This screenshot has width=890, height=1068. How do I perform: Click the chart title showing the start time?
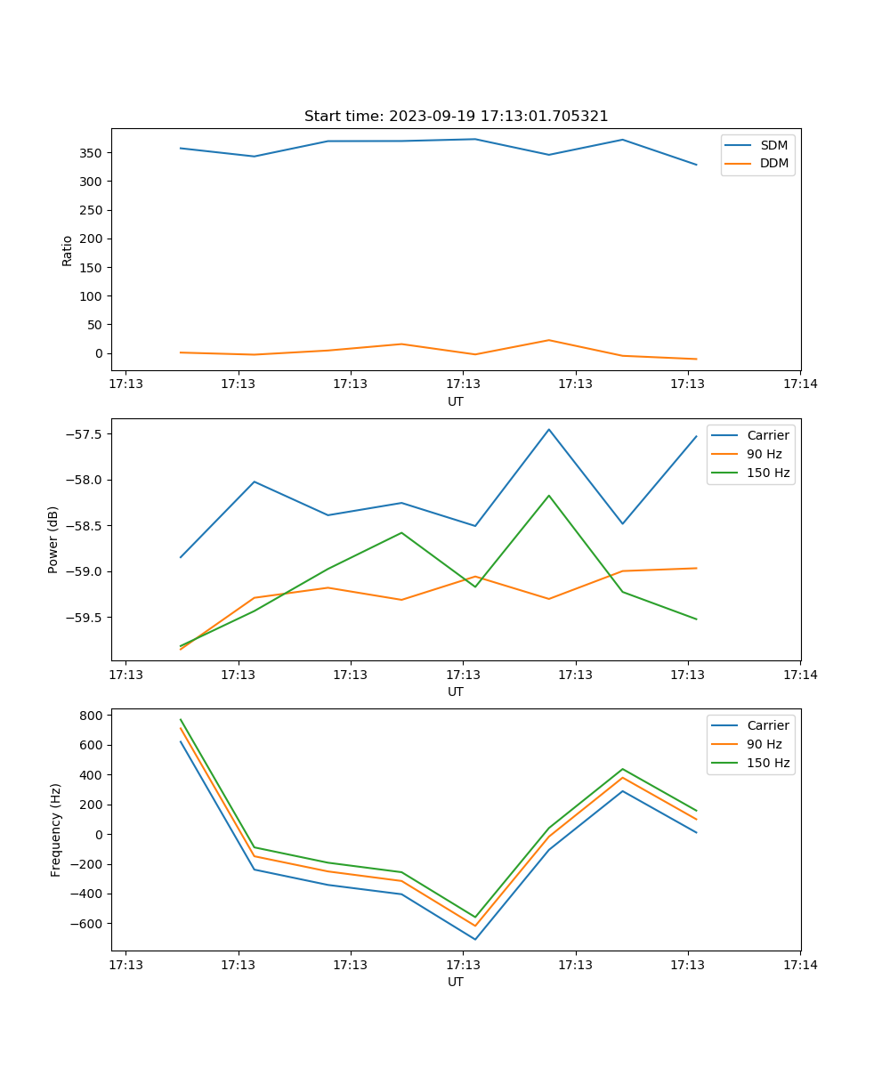coord(456,117)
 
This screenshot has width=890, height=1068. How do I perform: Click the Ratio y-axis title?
coord(67,250)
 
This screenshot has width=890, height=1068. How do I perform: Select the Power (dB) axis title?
coord(53,539)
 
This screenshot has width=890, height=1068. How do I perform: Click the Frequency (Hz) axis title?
coord(55,829)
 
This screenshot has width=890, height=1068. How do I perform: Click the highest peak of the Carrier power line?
coord(549,429)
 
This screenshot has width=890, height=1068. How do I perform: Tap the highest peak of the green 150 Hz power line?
coord(549,496)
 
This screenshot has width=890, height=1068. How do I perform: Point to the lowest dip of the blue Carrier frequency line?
coord(475,939)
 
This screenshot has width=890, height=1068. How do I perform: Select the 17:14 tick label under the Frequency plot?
coord(800,965)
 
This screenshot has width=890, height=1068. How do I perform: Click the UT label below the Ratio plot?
coord(456,401)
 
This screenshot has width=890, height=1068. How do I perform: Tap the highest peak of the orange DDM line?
coord(549,340)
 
